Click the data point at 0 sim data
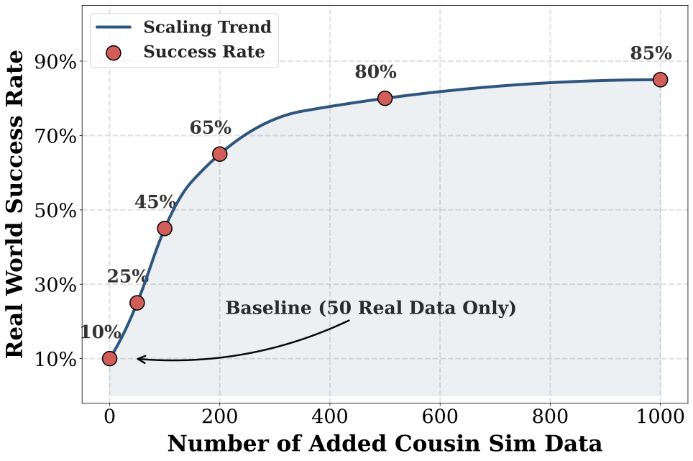coord(109,358)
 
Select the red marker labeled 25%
coord(137,303)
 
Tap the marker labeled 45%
coord(165,228)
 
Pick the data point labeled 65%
coord(220,154)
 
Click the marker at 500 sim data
coord(385,98)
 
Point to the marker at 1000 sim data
coord(660,80)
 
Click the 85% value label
coord(651,54)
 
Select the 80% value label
coord(375,73)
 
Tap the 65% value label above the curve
coord(211,129)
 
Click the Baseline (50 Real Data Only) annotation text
coord(371,309)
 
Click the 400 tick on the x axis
coord(329,416)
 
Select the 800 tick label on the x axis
coord(550,416)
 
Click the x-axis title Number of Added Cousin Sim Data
coord(385,444)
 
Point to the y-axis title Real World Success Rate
coord(16,204)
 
